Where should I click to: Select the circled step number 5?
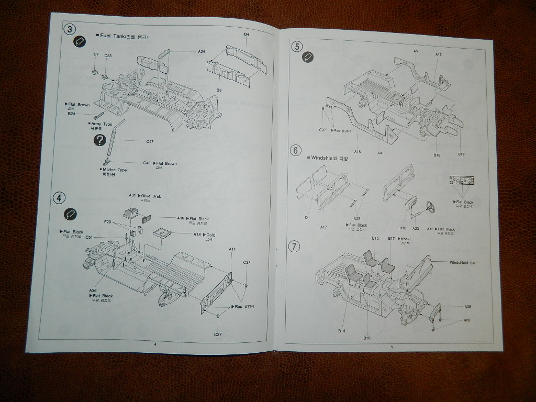click(297, 47)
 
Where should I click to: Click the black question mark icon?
click(100, 140)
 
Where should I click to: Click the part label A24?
click(202, 51)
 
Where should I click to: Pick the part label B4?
click(247, 35)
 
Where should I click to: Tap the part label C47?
click(150, 141)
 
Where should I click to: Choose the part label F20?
click(107, 222)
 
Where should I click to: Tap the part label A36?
click(93, 291)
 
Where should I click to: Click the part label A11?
click(232, 249)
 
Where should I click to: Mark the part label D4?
click(307, 217)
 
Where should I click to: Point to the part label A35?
click(467, 306)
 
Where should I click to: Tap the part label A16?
click(439, 54)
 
